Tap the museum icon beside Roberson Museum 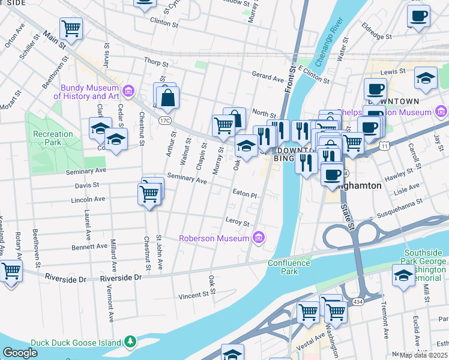click(259, 238)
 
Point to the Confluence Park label click(289, 267)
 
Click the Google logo click(20, 353)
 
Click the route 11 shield click(384, 146)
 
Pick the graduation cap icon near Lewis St click(426, 77)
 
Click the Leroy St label click(237, 223)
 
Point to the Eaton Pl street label click(244, 195)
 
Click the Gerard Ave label click(267, 78)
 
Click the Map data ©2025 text click(423, 355)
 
